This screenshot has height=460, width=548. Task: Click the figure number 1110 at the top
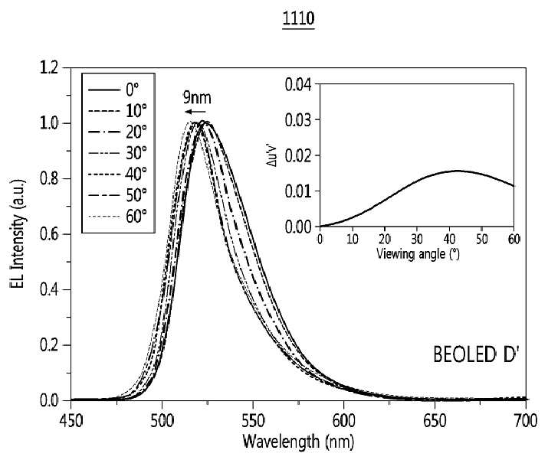[x=298, y=18]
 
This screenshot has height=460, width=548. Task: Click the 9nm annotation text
[x=197, y=98]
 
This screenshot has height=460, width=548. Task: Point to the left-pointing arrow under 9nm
[x=195, y=112]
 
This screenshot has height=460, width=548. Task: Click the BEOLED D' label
[x=474, y=354]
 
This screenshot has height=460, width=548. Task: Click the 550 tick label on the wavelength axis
[x=253, y=421]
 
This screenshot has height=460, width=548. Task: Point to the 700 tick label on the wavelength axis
[x=525, y=421]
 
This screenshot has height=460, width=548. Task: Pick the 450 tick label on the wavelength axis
[x=71, y=421]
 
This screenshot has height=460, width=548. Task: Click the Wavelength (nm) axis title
[x=298, y=442]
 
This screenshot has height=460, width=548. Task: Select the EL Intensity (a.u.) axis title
[x=18, y=234]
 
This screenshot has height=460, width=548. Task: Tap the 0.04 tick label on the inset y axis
[x=299, y=84]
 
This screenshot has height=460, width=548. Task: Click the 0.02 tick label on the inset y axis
[x=299, y=155]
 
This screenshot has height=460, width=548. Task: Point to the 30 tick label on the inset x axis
[x=417, y=239]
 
